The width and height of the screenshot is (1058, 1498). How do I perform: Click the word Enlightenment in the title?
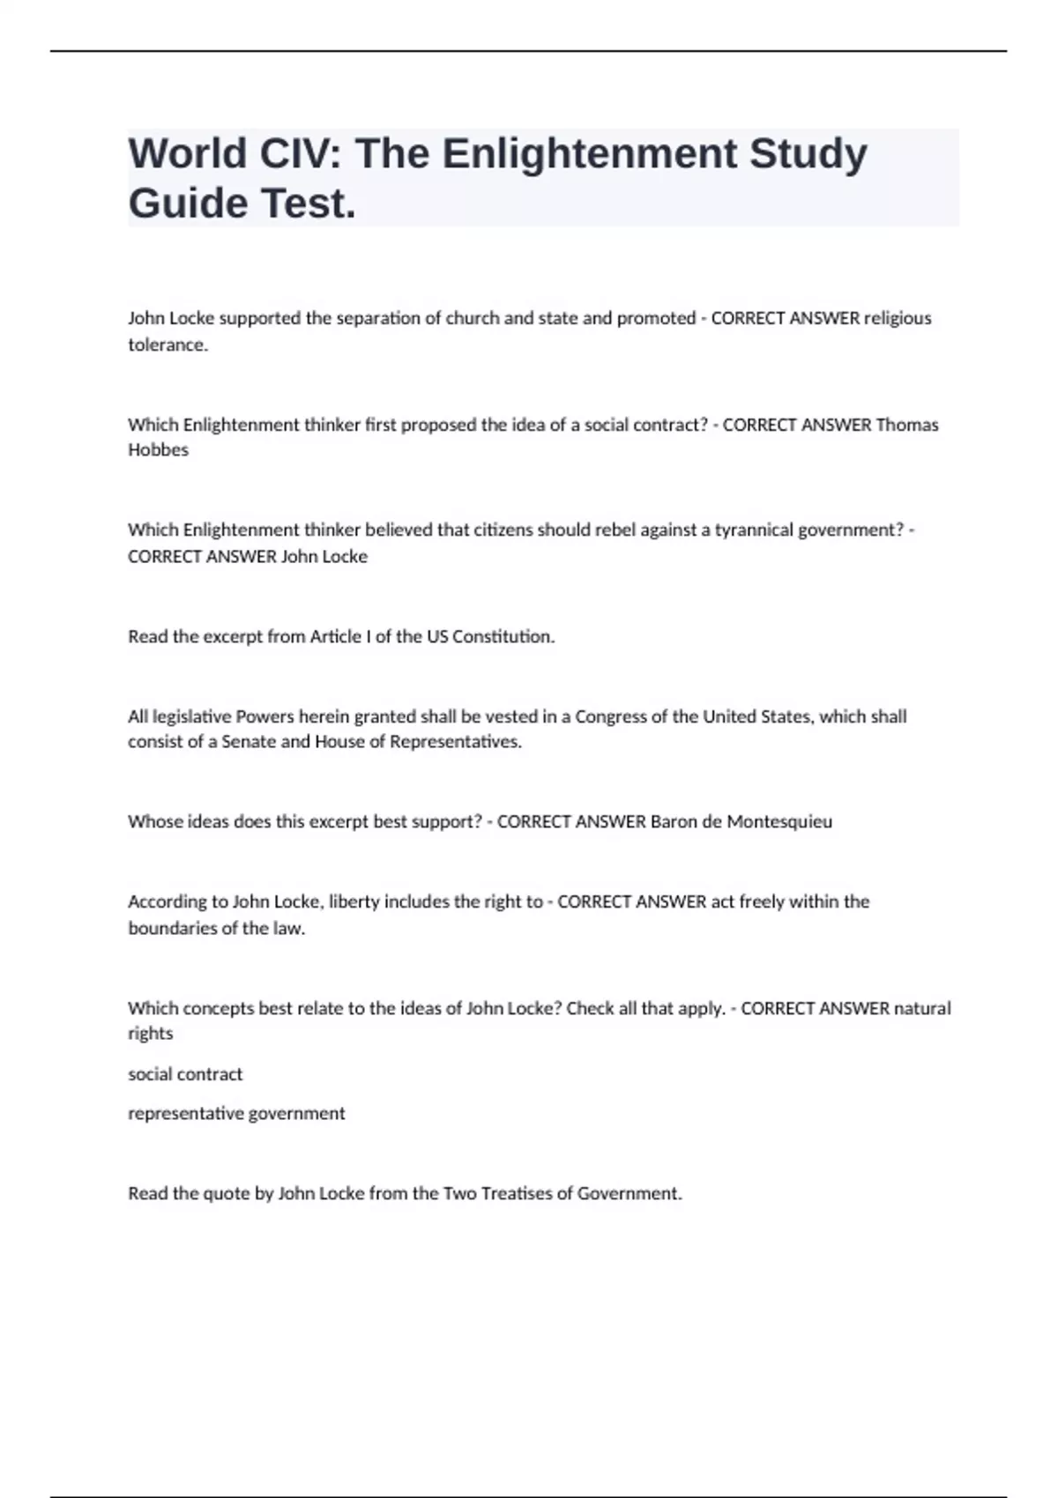click(x=589, y=153)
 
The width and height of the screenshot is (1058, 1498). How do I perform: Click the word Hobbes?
click(x=158, y=450)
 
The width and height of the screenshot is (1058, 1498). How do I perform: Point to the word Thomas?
click(x=907, y=425)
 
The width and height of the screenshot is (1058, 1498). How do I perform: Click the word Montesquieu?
click(x=779, y=822)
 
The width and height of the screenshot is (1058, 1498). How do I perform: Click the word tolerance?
click(x=168, y=345)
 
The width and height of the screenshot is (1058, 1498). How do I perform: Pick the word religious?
click(x=898, y=318)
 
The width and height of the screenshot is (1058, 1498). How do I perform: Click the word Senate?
click(x=249, y=742)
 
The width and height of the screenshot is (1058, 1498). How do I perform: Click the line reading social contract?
click(x=185, y=1074)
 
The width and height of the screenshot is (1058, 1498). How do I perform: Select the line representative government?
click(x=236, y=1114)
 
